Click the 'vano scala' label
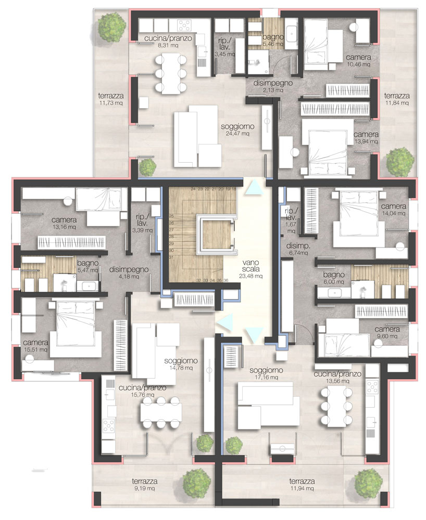pyautogui.click(x=250, y=266)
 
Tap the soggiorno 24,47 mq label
pyautogui.click(x=237, y=129)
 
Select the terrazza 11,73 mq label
pyautogui.click(x=111, y=99)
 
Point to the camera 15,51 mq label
pyautogui.click(x=35, y=346)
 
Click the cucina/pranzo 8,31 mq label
pyautogui.click(x=168, y=42)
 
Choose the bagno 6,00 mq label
pyautogui.click(x=334, y=278)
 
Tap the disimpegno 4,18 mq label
pyautogui.click(x=129, y=272)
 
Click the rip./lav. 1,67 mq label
pyautogui.click(x=291, y=220)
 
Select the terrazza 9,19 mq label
pyautogui.click(x=144, y=484)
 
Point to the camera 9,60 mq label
pyautogui.click(x=387, y=332)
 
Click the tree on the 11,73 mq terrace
pyautogui.click(x=112, y=27)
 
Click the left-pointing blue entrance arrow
pyautogui.click(x=225, y=322)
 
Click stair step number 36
pyautogui.click(x=226, y=280)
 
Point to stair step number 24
pyautogui.click(x=193, y=189)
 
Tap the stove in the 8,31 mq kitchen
pyautogui.click(x=184, y=25)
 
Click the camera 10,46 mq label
pyautogui.click(x=358, y=60)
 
